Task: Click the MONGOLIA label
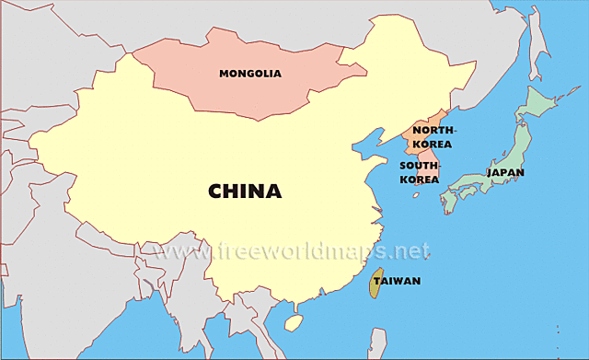click(x=249, y=73)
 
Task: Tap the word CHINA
click(x=244, y=191)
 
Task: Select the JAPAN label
click(x=505, y=172)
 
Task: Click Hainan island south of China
click(x=294, y=322)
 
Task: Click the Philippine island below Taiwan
click(x=377, y=343)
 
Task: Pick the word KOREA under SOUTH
click(x=419, y=180)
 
